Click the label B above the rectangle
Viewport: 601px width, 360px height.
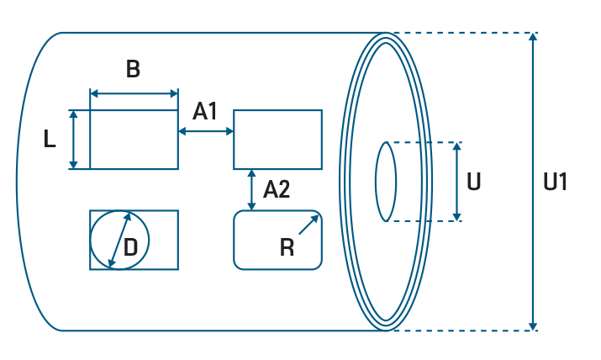coord(133,70)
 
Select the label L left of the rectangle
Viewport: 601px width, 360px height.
coord(50,140)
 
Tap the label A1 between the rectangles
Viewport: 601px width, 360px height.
coord(206,111)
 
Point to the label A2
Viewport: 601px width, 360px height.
coord(277,189)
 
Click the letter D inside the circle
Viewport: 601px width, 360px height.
coord(131,246)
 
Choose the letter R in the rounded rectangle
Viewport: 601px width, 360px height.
coord(287,246)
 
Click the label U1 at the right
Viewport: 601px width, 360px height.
coord(556,182)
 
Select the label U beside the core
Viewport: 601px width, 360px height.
coord(474,182)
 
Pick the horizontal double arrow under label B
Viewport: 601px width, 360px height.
coord(134,93)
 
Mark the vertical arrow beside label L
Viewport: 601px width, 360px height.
coord(74,140)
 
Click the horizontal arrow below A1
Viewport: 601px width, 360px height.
coord(206,130)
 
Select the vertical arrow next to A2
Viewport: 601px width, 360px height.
coord(252,189)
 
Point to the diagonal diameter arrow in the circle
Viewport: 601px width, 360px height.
coord(119,240)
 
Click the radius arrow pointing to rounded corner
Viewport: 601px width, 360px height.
coord(309,225)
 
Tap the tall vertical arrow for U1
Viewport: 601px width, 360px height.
coord(532,182)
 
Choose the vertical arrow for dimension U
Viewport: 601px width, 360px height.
coord(456,182)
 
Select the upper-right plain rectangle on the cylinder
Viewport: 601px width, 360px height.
coord(277,140)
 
